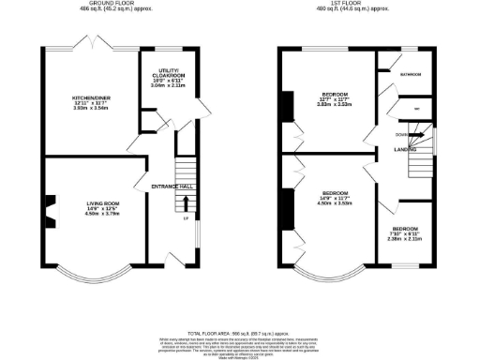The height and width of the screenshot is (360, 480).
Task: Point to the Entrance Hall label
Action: coord(172,186)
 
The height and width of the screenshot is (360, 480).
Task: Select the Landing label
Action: coord(406,149)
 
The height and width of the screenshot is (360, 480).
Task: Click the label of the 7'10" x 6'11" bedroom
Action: coord(405,230)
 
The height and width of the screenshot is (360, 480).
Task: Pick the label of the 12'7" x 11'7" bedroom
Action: coord(336,95)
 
